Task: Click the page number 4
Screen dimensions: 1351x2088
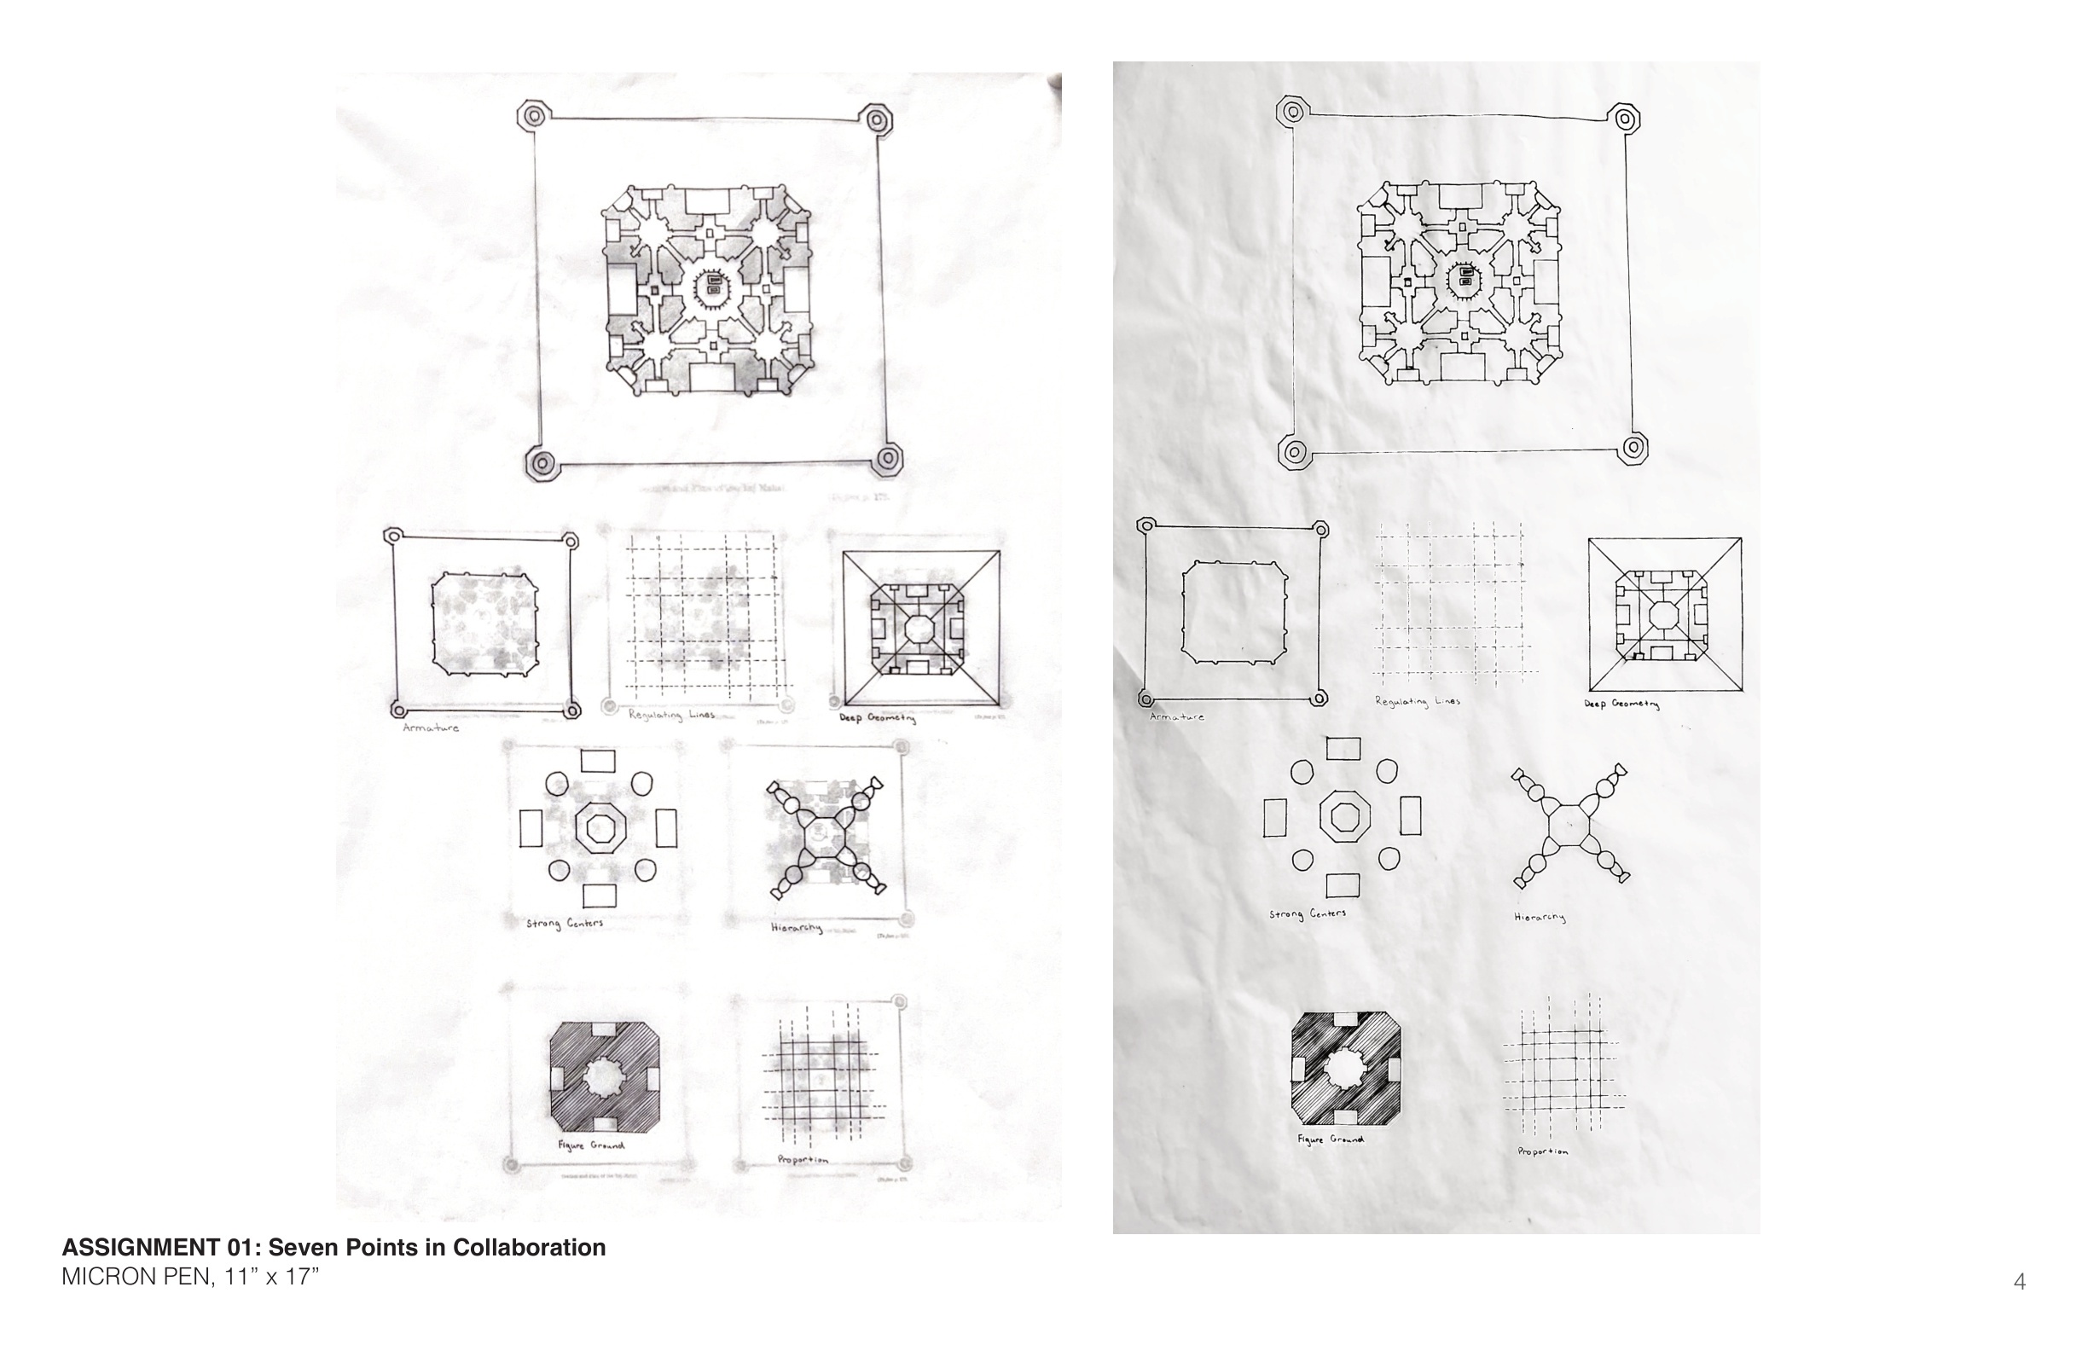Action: pos(2020,1283)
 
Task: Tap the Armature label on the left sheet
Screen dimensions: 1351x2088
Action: pos(431,728)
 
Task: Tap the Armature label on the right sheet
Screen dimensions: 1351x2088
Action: pos(1176,716)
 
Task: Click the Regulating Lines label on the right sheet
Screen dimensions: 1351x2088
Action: pos(1417,702)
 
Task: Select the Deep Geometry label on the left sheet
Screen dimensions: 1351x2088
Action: pos(878,717)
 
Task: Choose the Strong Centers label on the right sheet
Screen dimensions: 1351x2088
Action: pos(1308,914)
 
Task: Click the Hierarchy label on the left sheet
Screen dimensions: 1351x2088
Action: pos(797,927)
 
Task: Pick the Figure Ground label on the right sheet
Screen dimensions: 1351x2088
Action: pos(1331,1139)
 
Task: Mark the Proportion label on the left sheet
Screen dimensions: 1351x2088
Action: pos(803,1160)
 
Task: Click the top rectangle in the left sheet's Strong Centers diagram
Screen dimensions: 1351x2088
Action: pos(598,761)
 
